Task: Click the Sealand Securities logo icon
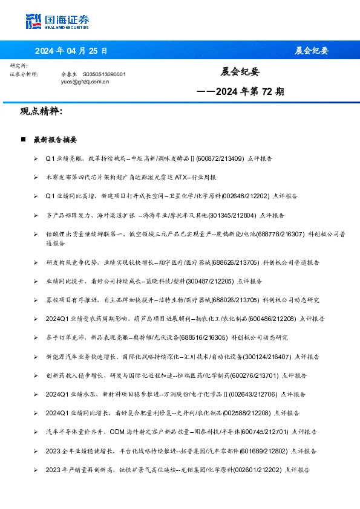pyautogui.click(x=33, y=21)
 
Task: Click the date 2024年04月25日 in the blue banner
pyautogui.click(x=72, y=50)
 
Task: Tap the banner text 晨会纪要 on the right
pyautogui.click(x=312, y=50)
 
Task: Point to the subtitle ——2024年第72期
pyautogui.click(x=240, y=92)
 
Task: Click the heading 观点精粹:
pyautogui.click(x=41, y=112)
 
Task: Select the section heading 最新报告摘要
pyautogui.click(x=55, y=140)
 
